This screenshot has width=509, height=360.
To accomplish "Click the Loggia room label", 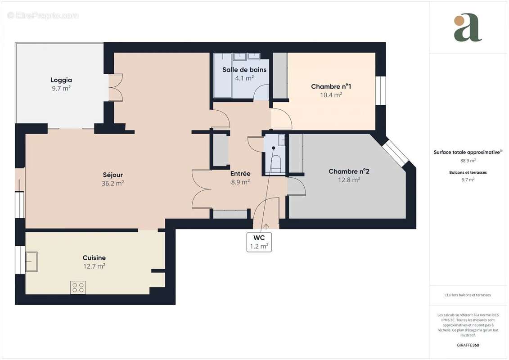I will [61, 80].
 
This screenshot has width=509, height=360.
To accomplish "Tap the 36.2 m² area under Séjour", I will [113, 183].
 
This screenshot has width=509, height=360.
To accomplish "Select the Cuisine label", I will [94, 258].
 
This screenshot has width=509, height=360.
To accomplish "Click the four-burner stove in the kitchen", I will [78, 287].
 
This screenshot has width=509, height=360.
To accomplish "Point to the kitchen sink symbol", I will [31, 261].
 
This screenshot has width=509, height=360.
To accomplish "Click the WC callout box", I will [259, 242].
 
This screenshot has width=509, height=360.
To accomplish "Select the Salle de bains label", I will [244, 70].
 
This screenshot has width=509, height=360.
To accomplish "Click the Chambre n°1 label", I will [331, 86].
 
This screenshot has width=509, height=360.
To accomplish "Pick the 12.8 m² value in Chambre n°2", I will [349, 180].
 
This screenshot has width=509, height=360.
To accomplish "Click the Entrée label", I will [240, 174].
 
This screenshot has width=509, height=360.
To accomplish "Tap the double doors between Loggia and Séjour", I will [116, 87].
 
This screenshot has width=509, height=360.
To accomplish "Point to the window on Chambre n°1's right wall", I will [381, 90].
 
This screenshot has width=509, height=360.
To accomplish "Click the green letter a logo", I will [468, 28].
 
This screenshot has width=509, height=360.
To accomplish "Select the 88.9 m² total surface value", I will [468, 160].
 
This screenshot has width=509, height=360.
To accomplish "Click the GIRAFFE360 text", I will [468, 346].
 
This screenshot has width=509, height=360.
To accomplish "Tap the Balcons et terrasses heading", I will [468, 172].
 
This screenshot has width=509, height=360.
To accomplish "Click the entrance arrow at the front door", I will [266, 226].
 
